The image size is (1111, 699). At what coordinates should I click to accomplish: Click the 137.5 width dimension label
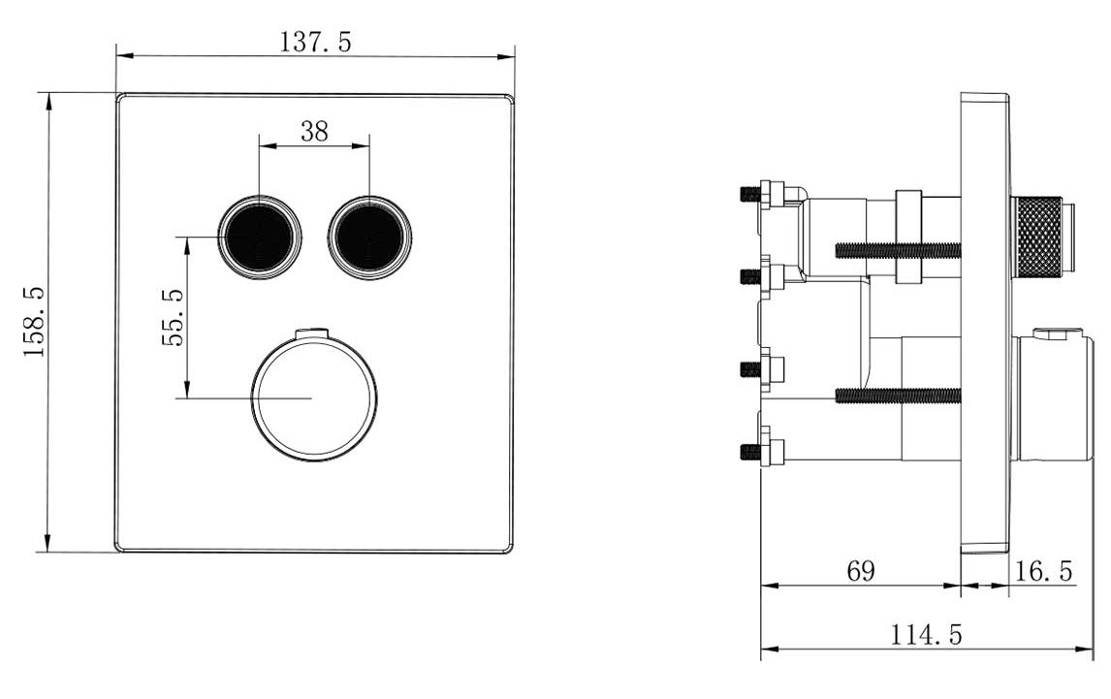click(316, 42)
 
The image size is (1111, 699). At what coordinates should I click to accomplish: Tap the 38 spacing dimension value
click(314, 133)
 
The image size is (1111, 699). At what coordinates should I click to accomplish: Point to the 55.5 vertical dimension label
click(173, 317)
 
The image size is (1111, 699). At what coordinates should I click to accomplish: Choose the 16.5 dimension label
click(1043, 572)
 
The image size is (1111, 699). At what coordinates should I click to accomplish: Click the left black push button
click(259, 236)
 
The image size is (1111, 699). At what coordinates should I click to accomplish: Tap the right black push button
click(369, 237)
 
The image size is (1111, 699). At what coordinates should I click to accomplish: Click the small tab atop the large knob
click(312, 334)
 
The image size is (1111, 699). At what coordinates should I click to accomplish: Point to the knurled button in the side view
click(1037, 237)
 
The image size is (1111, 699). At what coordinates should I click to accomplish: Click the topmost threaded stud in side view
click(750, 194)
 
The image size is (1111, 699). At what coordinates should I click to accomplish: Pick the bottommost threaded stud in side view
click(750, 451)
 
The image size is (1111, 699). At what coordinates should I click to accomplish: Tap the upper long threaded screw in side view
click(897, 250)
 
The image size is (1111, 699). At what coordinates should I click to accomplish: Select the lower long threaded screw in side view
click(897, 394)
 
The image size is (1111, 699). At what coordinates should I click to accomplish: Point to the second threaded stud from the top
click(750, 276)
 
